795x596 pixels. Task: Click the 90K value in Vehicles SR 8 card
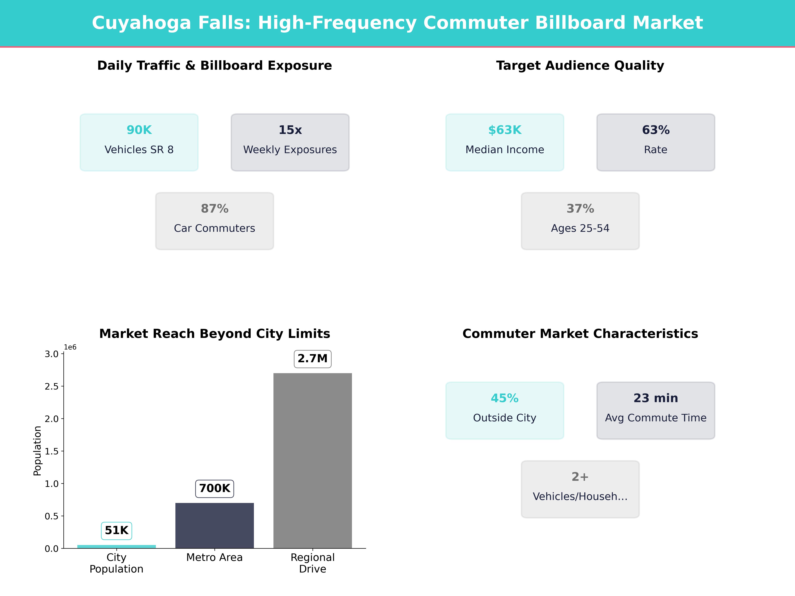point(139,130)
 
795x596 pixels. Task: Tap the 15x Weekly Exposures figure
point(290,130)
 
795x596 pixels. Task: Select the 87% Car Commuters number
point(214,209)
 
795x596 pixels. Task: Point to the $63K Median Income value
point(505,130)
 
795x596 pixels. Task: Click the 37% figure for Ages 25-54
point(580,209)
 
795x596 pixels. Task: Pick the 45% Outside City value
point(505,398)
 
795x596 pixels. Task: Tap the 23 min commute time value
point(656,398)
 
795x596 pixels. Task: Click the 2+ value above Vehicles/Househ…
point(580,477)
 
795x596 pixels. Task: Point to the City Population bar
point(116,546)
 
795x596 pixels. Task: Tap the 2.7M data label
point(313,359)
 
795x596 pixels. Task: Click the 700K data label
point(214,489)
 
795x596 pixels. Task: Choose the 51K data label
point(116,531)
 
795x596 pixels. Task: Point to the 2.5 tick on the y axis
point(51,387)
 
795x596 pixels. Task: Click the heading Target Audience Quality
point(580,66)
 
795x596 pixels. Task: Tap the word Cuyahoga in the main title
point(141,23)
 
